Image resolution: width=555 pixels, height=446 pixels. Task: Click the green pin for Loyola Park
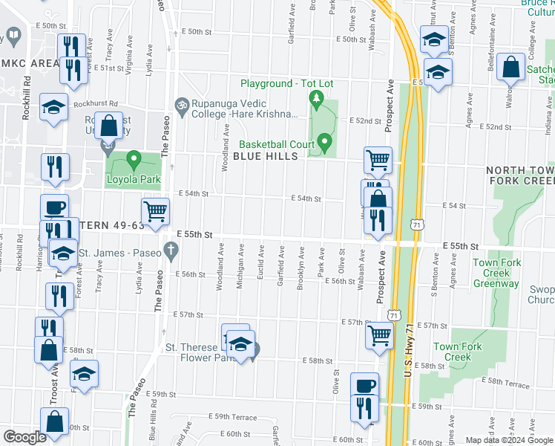pyautogui.click(x=134, y=159)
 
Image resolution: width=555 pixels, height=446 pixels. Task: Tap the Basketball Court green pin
pyautogui.click(x=324, y=141)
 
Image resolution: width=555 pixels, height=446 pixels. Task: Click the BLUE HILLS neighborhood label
pyautogui.click(x=265, y=156)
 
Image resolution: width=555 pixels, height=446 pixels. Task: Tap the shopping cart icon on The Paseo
pyautogui.click(x=155, y=211)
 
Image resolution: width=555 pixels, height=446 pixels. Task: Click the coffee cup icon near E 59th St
pyautogui.click(x=364, y=386)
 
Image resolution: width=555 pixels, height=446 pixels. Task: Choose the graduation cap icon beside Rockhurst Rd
pyautogui.click(x=53, y=107)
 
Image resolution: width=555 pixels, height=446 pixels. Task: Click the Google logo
pyautogui.click(x=24, y=437)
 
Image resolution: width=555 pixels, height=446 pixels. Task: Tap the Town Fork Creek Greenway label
pyautogui.click(x=496, y=273)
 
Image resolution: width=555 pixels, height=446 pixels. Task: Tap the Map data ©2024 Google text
pyautogui.click(x=508, y=440)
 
